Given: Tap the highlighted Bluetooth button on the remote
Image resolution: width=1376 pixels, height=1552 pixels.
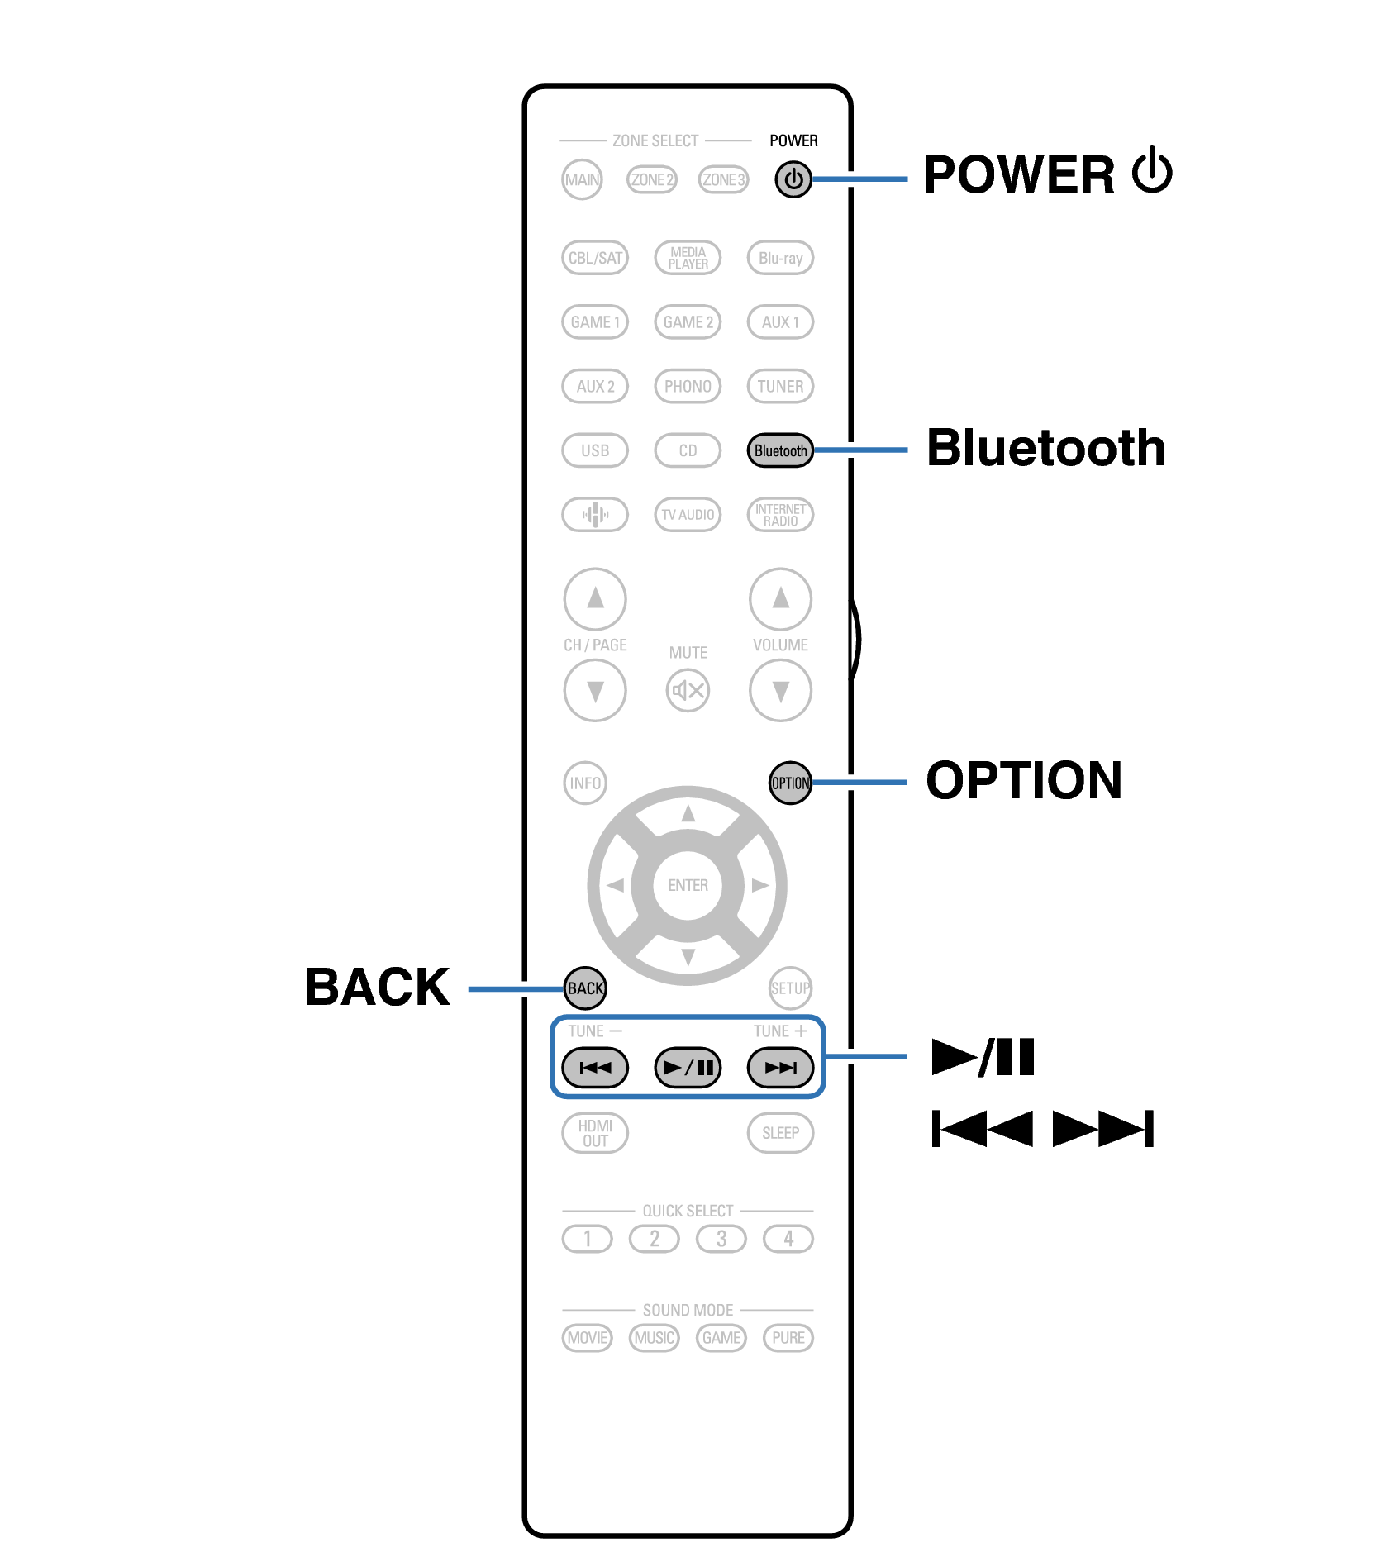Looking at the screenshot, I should coord(779,450).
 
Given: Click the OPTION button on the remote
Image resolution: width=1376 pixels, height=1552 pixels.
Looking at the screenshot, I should coord(790,783).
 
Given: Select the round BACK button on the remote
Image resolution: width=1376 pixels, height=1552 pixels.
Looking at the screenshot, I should coord(585,988).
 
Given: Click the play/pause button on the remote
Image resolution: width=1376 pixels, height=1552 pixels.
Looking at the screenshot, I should coord(688,1067).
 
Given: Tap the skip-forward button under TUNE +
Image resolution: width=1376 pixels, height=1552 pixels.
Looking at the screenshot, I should coord(780,1067).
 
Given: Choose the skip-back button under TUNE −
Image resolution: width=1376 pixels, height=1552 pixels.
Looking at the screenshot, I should coord(595,1067).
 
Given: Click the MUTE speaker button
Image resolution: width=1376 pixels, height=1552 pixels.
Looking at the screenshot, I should coord(688,690).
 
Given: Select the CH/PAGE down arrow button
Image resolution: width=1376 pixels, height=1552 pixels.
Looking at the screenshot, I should coord(595,690).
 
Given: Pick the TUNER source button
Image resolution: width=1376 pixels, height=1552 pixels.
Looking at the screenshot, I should coord(780,386).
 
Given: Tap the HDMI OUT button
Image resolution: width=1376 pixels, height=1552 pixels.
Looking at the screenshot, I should coord(595,1133).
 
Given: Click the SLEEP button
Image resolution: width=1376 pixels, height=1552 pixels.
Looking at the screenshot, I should coord(780,1133).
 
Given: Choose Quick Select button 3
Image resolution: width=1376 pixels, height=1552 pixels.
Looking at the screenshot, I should coord(721,1239).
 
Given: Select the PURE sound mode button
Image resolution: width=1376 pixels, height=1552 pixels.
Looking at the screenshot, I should coord(788,1337).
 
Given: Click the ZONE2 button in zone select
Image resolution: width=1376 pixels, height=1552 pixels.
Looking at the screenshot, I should coord(652,179).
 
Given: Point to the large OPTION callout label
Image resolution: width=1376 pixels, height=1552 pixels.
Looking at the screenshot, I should coord(1023,780).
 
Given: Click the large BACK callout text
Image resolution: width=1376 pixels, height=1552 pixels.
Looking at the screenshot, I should coord(378,987).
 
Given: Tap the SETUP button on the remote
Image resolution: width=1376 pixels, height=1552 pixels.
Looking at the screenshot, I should coord(790,988).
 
